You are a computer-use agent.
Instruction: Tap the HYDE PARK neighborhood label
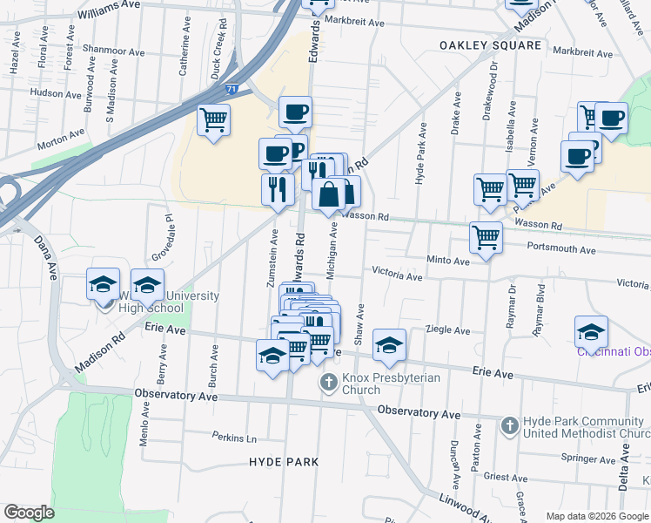pos(283,461)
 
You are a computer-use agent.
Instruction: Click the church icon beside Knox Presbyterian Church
pos(328,382)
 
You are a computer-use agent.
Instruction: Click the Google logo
pos(30,513)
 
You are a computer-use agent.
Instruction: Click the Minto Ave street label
pos(448,260)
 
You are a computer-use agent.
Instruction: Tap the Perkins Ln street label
pos(235,436)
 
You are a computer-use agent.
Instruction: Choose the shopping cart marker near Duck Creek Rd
pos(213,119)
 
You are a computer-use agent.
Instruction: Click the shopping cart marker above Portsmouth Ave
pos(486,235)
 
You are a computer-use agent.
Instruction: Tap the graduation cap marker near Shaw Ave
pos(389,343)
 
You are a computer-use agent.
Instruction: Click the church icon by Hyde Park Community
pos(511,426)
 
